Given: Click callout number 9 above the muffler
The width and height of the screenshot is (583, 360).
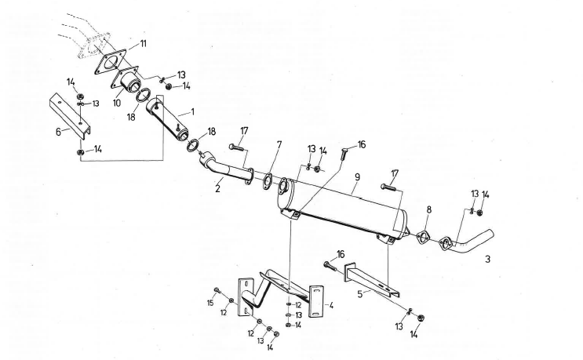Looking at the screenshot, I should [356, 178].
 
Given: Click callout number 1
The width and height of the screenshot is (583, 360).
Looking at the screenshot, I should [192, 112].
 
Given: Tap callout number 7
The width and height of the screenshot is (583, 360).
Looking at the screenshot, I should [279, 145].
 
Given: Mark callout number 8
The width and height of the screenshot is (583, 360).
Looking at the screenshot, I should [429, 210].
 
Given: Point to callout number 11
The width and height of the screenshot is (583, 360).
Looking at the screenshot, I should [142, 44].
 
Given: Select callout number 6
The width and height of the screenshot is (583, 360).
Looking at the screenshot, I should [56, 133].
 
